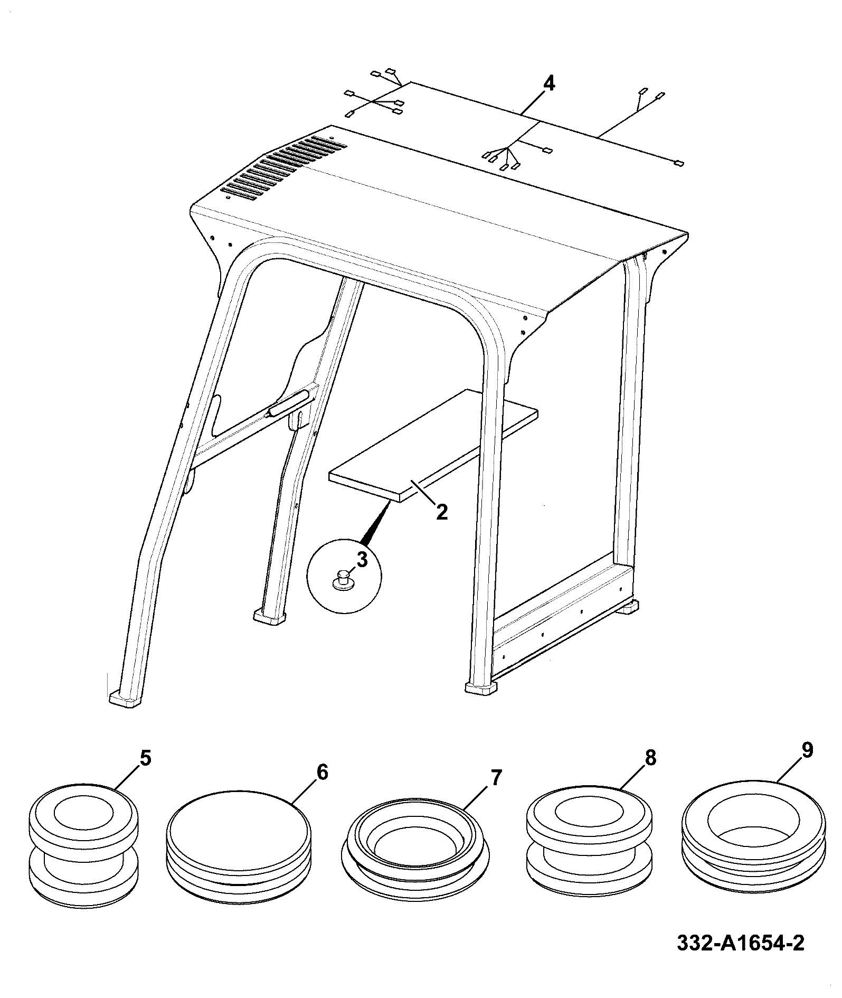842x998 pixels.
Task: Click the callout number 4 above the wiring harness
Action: click(549, 83)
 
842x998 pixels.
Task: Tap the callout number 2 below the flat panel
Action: click(442, 511)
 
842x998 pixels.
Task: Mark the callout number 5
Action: click(145, 759)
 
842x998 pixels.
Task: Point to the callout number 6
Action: click(323, 773)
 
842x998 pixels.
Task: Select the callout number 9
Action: click(807, 750)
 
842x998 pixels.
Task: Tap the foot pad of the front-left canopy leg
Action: click(126, 699)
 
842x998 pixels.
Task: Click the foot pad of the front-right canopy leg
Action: click(481, 687)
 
